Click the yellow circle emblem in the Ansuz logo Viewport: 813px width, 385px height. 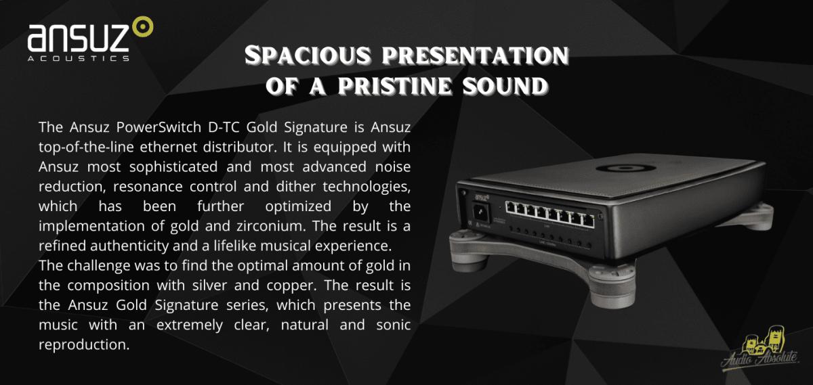143,26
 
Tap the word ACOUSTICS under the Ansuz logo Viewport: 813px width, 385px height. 79,58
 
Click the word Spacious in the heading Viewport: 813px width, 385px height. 308,55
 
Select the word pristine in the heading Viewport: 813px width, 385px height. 395,86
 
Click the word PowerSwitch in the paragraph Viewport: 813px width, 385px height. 159,127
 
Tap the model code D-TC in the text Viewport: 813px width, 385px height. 224,127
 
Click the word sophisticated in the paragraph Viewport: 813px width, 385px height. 173,167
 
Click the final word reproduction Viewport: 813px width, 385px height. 84,345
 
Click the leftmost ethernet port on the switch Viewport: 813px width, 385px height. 511,207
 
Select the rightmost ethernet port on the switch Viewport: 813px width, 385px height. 588,220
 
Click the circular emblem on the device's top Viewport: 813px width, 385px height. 625,168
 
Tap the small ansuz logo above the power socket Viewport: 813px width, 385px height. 481,198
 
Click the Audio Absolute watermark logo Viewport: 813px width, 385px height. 760,353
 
